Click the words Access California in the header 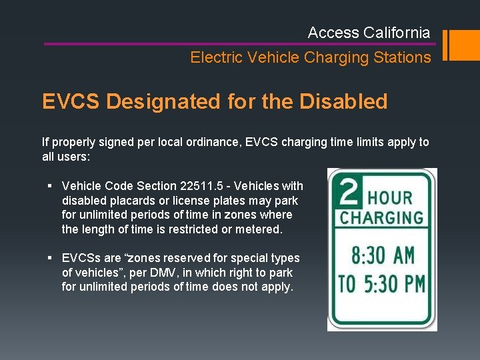coord(369,33)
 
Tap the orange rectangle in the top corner coord(461,45)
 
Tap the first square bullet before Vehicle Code coord(51,186)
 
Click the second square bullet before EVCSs coord(51,258)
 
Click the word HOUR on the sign coord(391,197)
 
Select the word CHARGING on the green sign coord(382,219)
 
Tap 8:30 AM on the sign coord(382,256)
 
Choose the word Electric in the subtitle coord(216,57)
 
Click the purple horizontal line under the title coord(240,44)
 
